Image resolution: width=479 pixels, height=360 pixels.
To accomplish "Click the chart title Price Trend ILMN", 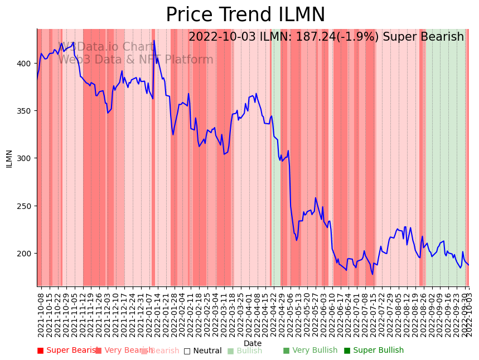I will (245, 14).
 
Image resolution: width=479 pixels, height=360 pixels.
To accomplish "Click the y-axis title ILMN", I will (9, 158).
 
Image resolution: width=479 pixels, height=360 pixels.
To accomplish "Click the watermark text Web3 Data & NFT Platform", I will (136, 60).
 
